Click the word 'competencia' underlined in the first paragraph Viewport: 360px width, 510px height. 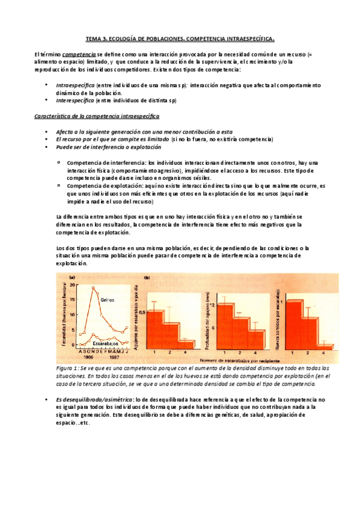78,54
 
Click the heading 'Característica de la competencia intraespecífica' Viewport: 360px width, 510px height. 96,115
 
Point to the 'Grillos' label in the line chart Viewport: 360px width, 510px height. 107,299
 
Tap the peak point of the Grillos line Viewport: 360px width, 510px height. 93,287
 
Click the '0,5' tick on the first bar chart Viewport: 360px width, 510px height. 143,312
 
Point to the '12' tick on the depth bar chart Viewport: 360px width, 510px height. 213,307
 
